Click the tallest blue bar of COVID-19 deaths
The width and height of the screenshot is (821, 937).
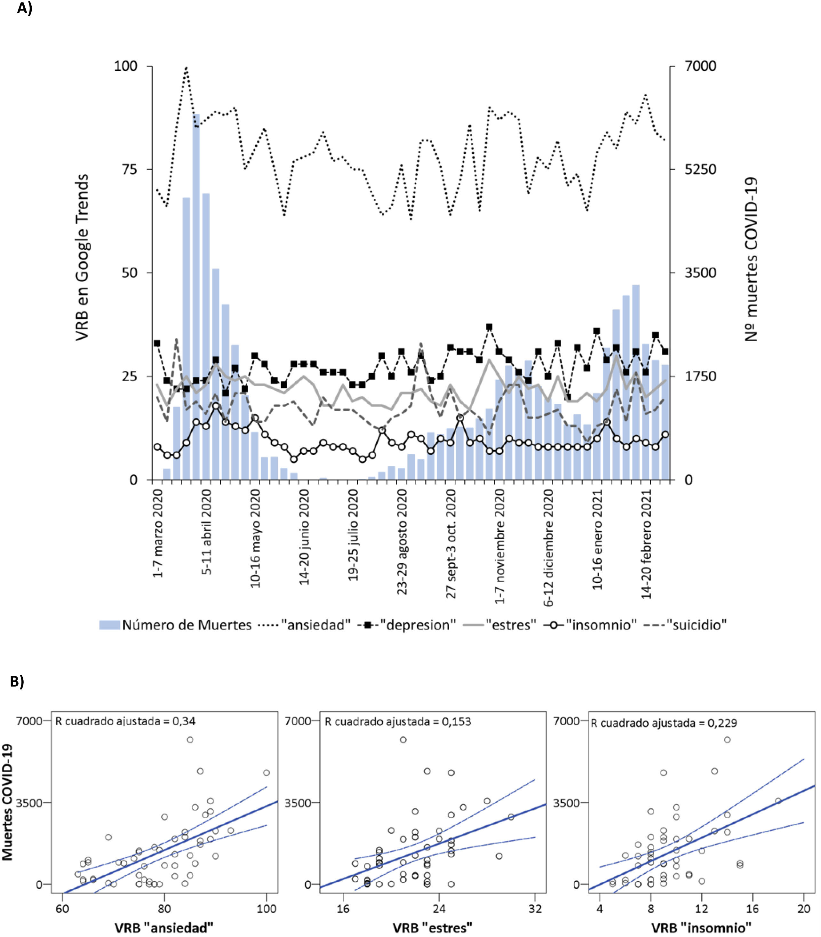pyautogui.click(x=196, y=298)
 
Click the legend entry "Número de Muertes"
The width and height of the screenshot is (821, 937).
pyautogui.click(x=175, y=625)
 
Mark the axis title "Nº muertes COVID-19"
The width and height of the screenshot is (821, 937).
pyautogui.click(x=751, y=260)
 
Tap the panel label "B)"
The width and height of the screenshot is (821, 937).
pyautogui.click(x=17, y=681)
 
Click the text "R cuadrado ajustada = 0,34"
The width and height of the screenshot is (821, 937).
pyautogui.click(x=125, y=721)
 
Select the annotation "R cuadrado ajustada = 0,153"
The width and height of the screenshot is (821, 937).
pyautogui.click(x=398, y=722)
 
